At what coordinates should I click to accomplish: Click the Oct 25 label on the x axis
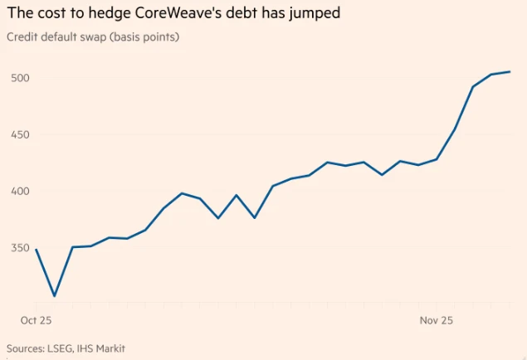pos(36,319)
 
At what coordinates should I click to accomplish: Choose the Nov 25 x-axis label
pos(437,319)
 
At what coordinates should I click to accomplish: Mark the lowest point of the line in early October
pos(55,295)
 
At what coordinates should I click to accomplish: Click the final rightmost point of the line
pos(510,71)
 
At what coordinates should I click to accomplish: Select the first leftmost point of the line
pos(36,249)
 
